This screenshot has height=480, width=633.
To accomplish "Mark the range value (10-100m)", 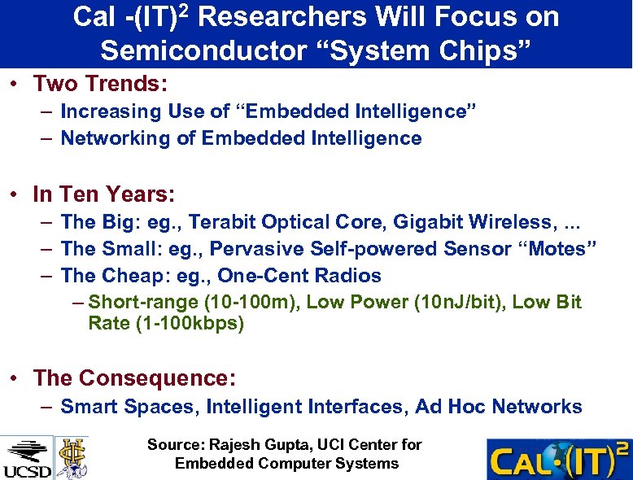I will pyautogui.click(x=243, y=303).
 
